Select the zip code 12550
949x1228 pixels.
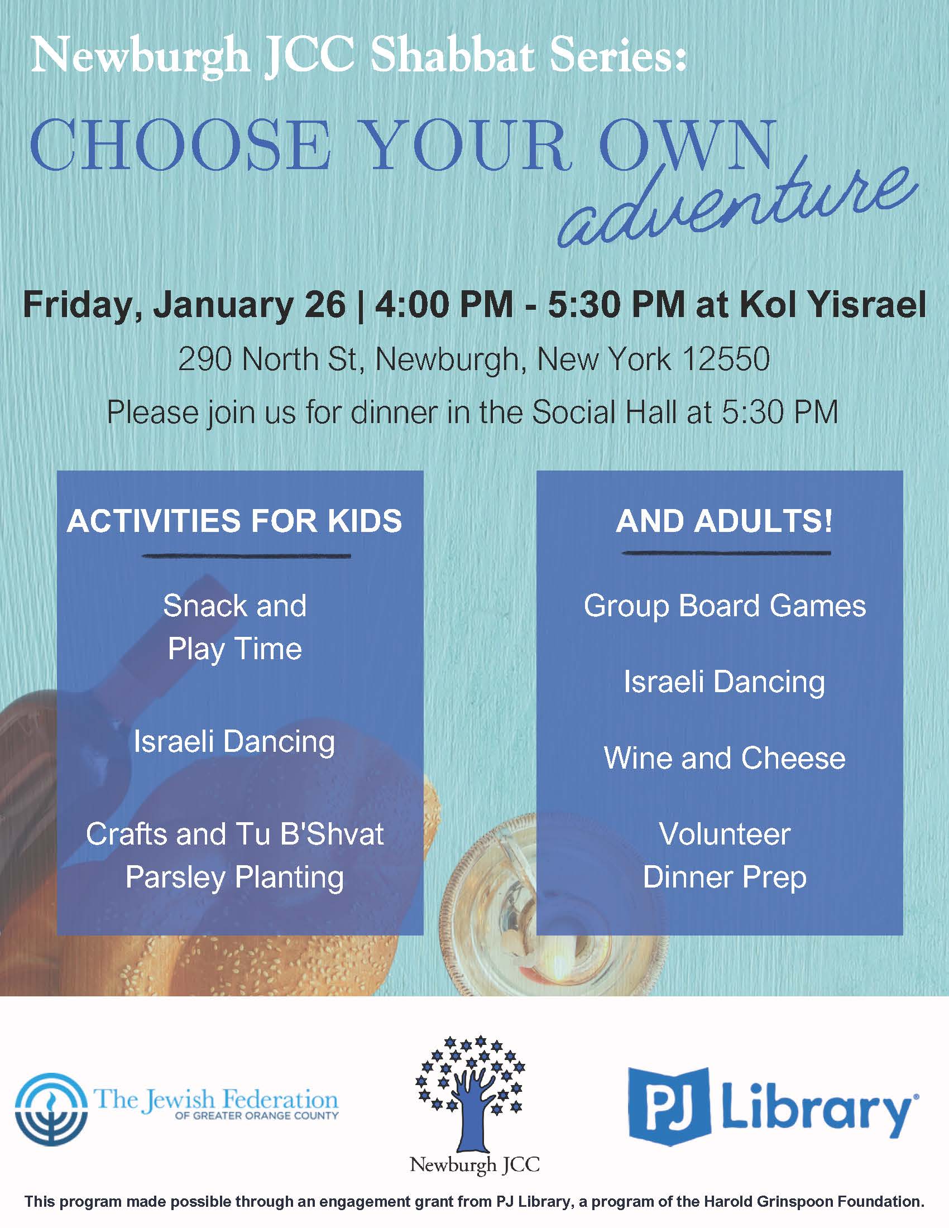tap(725, 359)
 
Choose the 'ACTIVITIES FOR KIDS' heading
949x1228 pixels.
tap(234, 521)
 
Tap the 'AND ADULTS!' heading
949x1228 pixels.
tap(724, 521)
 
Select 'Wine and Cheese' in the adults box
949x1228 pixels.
tap(724, 758)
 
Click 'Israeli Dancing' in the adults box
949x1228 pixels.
tap(724, 683)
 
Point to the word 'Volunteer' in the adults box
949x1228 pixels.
tap(725, 833)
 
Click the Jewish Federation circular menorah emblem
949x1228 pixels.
tap(51, 1109)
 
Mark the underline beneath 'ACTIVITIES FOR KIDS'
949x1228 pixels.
tap(246, 556)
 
